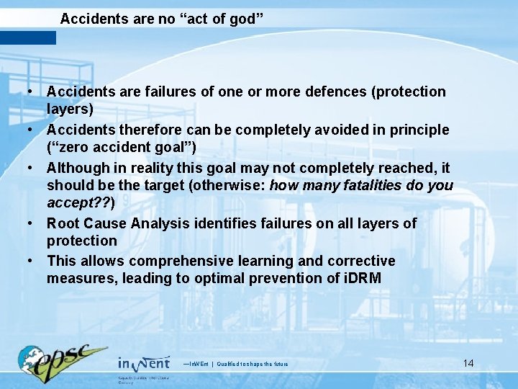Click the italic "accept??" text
click(x=76, y=202)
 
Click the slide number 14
click(x=468, y=363)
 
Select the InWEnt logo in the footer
click(x=144, y=364)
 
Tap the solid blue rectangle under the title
click(x=28, y=37)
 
